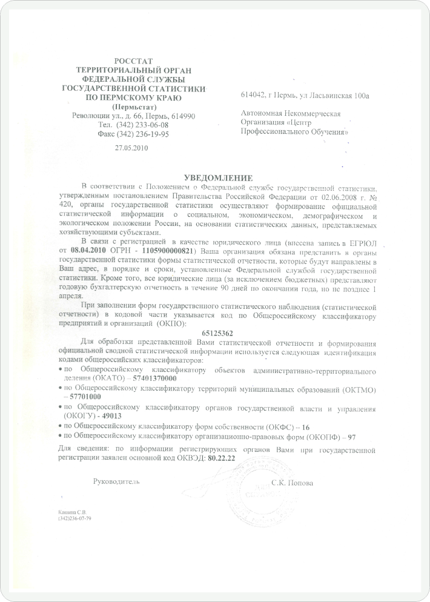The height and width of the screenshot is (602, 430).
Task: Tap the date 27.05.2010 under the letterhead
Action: click(x=131, y=147)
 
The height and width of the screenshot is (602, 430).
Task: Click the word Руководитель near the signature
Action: click(x=116, y=482)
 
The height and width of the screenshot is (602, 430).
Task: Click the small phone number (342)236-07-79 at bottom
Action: click(x=75, y=518)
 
